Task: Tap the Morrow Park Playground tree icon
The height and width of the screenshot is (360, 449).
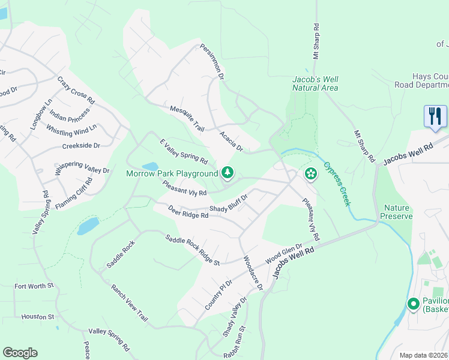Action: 228,173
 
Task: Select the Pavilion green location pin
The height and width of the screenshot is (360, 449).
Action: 413,304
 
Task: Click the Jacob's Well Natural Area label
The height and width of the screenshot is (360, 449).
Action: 315,83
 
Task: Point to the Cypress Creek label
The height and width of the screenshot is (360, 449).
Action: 337,184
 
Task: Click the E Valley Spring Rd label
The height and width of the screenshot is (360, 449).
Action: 183,152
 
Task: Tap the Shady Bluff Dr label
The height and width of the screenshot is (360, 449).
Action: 228,206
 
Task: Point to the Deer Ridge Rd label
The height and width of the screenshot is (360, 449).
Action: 188,212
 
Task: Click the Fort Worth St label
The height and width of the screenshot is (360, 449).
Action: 34,286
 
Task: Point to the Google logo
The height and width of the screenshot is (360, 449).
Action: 20,353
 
